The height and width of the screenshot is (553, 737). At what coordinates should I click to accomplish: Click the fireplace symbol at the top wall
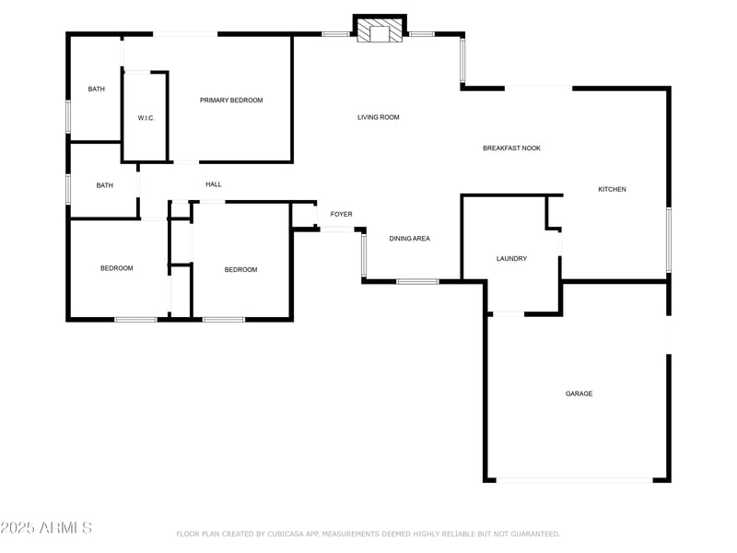(x=380, y=32)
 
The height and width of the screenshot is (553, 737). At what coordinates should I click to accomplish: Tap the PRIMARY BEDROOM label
(x=231, y=100)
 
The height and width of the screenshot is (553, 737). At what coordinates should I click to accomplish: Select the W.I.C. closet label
(x=146, y=118)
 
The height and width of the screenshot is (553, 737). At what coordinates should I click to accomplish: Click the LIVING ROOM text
(x=379, y=117)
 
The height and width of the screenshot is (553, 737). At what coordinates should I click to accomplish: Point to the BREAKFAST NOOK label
(x=511, y=148)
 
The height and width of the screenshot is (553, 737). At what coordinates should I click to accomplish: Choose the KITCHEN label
(x=612, y=189)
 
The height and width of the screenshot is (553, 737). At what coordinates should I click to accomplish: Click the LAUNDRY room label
(x=511, y=259)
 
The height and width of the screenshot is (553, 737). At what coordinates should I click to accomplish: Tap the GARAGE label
(x=579, y=394)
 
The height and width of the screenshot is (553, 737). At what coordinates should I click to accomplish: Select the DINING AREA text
(x=409, y=239)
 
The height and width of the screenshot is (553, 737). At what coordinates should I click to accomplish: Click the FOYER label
(x=342, y=215)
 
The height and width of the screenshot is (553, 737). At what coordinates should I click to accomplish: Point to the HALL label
(x=213, y=184)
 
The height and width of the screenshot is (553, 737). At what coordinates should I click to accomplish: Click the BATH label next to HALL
(x=105, y=185)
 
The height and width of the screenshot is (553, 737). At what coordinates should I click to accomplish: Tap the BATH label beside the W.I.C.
(x=96, y=89)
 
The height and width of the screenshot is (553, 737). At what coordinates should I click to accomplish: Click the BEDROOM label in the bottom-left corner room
(x=117, y=268)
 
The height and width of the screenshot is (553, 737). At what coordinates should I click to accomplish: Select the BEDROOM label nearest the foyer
(x=240, y=269)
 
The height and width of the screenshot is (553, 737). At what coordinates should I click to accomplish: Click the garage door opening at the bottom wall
(x=575, y=479)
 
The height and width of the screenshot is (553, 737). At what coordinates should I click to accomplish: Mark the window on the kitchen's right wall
(x=669, y=240)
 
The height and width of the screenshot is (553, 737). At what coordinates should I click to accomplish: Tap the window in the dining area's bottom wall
(x=417, y=281)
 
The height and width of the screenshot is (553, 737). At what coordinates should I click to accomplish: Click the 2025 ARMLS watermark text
(x=46, y=527)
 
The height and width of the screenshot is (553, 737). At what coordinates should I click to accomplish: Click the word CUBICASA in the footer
(x=299, y=534)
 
